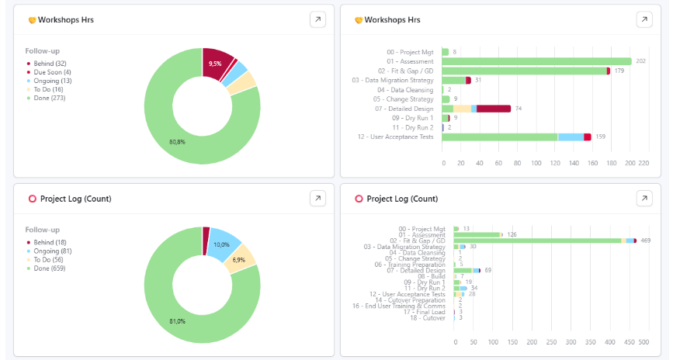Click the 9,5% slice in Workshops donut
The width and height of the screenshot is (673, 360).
click(215, 63)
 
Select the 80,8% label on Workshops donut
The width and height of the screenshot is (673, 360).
click(177, 142)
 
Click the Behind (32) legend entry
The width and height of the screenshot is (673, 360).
click(48, 64)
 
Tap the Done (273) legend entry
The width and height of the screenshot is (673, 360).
click(48, 98)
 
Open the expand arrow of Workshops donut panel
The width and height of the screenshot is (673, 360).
click(317, 19)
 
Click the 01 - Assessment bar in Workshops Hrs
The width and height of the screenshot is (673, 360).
click(536, 61)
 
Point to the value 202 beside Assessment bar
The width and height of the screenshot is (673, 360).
click(640, 61)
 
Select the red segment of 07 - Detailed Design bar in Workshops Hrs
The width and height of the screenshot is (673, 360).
click(494, 109)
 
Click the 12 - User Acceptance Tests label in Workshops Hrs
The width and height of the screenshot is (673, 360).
click(395, 137)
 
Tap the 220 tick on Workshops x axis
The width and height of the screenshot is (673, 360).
click(650, 164)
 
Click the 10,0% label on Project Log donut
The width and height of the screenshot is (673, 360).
click(222, 244)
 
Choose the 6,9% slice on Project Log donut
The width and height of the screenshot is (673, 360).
click(238, 259)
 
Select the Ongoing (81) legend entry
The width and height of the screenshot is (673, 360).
click(51, 251)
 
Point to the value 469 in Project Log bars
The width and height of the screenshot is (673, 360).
click(645, 241)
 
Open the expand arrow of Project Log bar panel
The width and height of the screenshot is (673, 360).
click(644, 199)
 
